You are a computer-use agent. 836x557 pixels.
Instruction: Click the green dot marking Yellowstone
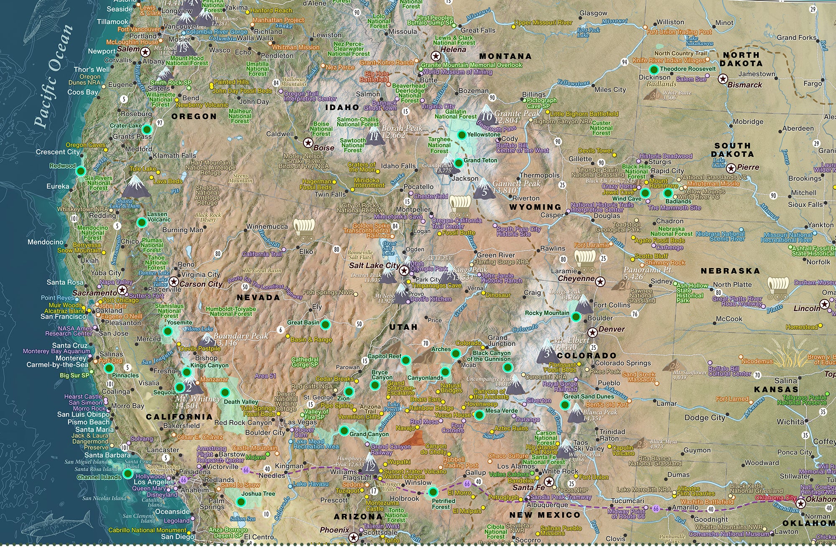pyautogui.click(x=461, y=135)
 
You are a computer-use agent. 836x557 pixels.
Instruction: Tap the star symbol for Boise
pyautogui.click(x=308, y=143)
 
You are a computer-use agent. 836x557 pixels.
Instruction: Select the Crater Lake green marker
pyautogui.click(x=147, y=129)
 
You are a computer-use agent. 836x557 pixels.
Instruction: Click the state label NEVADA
pyautogui.click(x=258, y=298)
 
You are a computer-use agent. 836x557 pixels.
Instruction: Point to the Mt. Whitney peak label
pyautogui.click(x=198, y=402)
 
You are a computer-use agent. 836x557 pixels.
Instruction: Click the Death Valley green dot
pyautogui.click(x=225, y=392)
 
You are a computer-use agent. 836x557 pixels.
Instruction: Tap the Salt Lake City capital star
pyautogui.click(x=404, y=270)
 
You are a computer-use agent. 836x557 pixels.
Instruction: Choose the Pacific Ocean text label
pyautogui.click(x=54, y=75)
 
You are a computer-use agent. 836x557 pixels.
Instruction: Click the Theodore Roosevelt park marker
pyautogui.click(x=654, y=69)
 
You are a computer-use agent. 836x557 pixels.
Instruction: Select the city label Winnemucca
pyautogui.click(x=267, y=226)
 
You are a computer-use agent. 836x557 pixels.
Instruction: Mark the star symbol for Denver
pyautogui.click(x=592, y=333)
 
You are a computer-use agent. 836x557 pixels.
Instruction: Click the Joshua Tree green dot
pyautogui.click(x=241, y=502)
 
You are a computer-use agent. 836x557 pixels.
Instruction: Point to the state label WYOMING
pyautogui.click(x=535, y=207)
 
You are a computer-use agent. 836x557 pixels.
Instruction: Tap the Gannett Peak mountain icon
pyautogui.click(x=484, y=189)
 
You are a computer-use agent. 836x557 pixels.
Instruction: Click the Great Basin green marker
pyautogui.click(x=326, y=324)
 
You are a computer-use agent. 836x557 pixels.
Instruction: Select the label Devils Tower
pyautogui.click(x=595, y=150)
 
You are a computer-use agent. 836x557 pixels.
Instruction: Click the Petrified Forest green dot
pyautogui.click(x=433, y=492)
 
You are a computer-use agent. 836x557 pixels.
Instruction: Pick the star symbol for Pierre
pyautogui.click(x=731, y=168)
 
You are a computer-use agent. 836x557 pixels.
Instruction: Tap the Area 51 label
pyautogui.click(x=266, y=376)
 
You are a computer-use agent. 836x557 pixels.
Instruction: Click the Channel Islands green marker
pyautogui.click(x=128, y=473)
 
